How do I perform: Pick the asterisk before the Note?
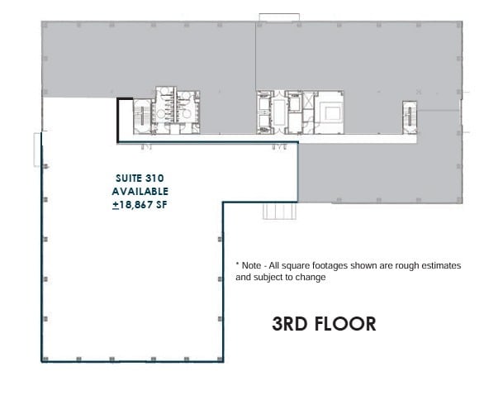click(238, 265)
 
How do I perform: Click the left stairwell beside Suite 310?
click(142, 116)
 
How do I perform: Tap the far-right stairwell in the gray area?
click(409, 115)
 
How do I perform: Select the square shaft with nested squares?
click(333, 111)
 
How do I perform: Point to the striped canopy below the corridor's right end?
click(274, 210)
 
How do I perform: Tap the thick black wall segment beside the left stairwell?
click(119, 120)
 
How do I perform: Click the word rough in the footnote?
click(406, 265)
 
